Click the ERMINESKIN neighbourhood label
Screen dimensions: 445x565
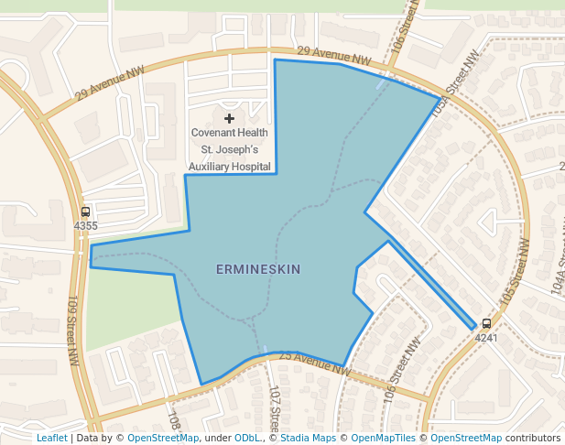(258, 269)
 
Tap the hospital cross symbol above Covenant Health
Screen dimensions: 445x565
(229, 118)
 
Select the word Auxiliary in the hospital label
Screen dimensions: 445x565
(211, 167)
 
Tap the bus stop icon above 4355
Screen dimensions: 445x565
(85, 212)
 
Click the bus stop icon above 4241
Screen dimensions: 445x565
(486, 323)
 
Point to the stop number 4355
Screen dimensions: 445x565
(85, 225)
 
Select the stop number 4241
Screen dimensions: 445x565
(486, 337)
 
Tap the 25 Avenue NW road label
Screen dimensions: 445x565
(315, 364)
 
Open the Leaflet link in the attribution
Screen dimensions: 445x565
(51, 438)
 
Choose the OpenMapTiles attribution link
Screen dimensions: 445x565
(387, 438)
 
